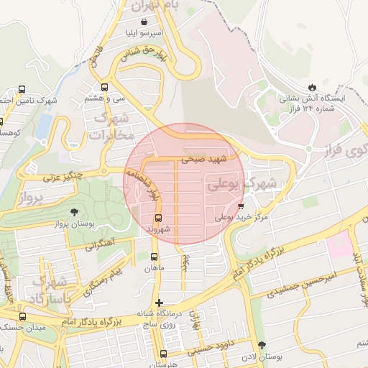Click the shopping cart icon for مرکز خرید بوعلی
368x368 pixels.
(240, 206)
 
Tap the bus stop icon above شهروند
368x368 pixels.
(159, 217)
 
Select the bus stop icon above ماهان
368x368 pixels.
(155, 257)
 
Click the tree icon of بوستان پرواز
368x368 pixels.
(75, 212)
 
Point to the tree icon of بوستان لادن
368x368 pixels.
(262, 345)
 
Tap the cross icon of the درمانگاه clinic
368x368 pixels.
(159, 303)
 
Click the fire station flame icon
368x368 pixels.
(311, 86)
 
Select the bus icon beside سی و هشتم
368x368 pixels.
(105, 86)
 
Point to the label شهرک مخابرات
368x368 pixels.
(113, 126)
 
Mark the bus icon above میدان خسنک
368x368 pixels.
(22, 316)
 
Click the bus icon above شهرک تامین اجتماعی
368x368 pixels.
(22, 90)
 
